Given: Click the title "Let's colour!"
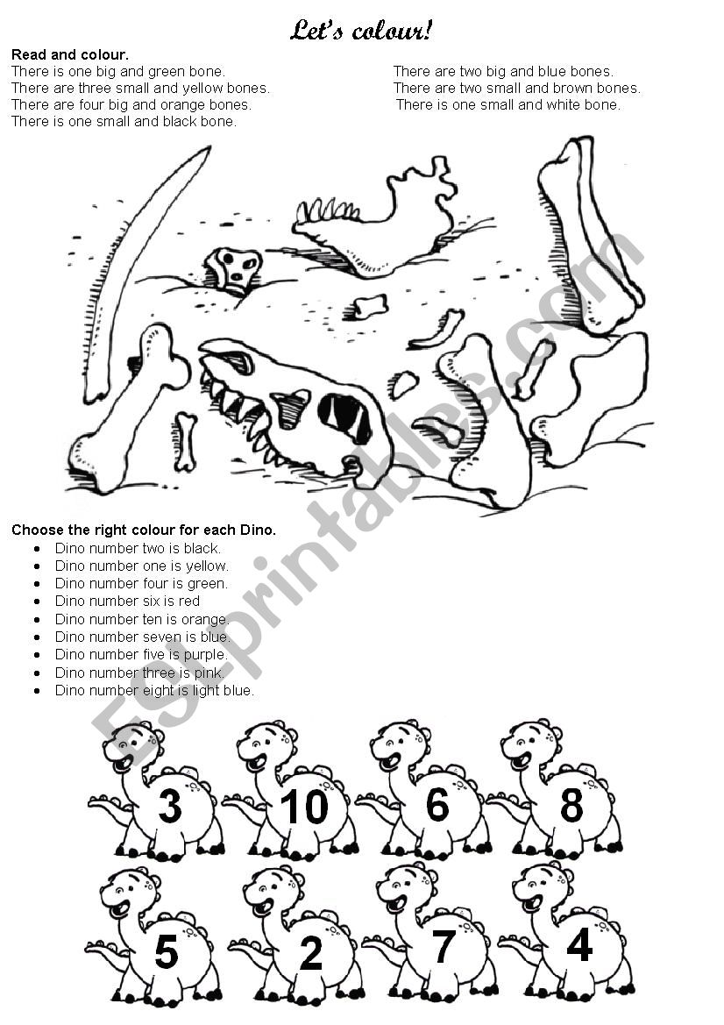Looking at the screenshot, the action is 361,31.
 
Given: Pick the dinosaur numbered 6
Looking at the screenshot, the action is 425,791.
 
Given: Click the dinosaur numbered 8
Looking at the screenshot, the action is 556,791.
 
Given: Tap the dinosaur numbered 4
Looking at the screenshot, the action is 566,934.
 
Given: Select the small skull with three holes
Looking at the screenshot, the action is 234,268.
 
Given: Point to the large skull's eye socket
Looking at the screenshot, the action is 344,416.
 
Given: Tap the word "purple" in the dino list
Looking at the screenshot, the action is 204,655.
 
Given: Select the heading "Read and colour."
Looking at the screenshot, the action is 70,55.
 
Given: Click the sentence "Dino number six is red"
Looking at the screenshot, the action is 127,601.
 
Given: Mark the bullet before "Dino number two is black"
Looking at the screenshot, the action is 37,549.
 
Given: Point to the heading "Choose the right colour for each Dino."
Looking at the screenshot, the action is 144,530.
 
